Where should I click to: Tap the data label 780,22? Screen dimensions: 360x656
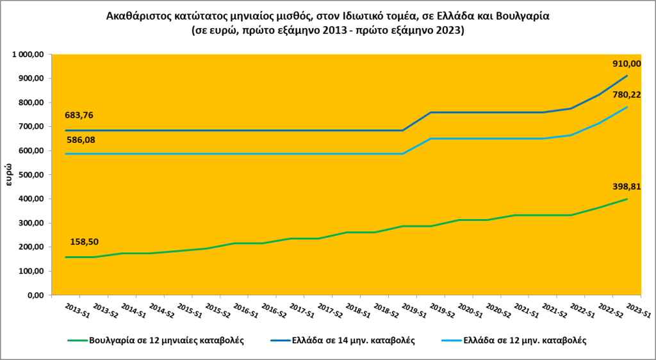click(x=627, y=95)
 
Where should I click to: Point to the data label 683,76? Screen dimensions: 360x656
click(x=78, y=116)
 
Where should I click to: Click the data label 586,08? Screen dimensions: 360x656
click(x=78, y=139)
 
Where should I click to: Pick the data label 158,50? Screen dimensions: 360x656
click(x=85, y=242)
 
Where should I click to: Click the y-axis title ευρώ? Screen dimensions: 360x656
click(x=10, y=174)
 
